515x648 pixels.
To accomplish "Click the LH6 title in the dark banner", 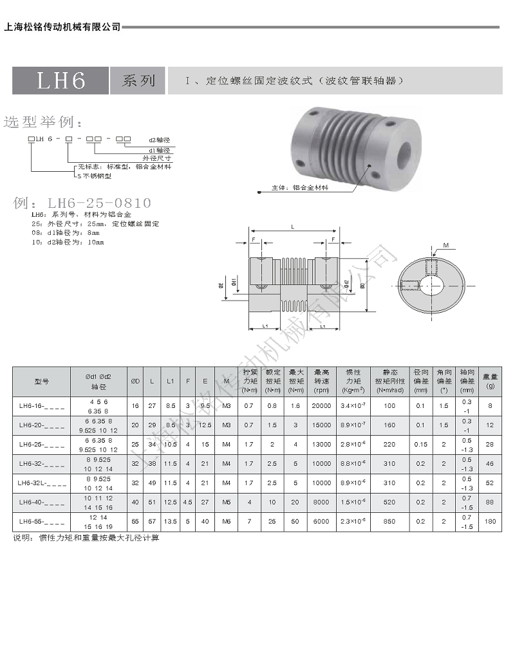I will coord(61,80).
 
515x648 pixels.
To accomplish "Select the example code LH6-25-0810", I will coord(82,203).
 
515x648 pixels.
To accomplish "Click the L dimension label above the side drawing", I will coord(294,227).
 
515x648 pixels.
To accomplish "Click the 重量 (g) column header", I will coord(491,381).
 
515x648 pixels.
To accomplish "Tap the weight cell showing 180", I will coord(491,522).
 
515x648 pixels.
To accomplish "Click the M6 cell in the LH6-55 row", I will coord(226,522).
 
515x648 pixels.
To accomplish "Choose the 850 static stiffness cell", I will coord(389,522).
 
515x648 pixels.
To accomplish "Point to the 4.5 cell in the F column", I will coord(187,503).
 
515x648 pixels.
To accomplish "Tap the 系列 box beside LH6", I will coord(138,80).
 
